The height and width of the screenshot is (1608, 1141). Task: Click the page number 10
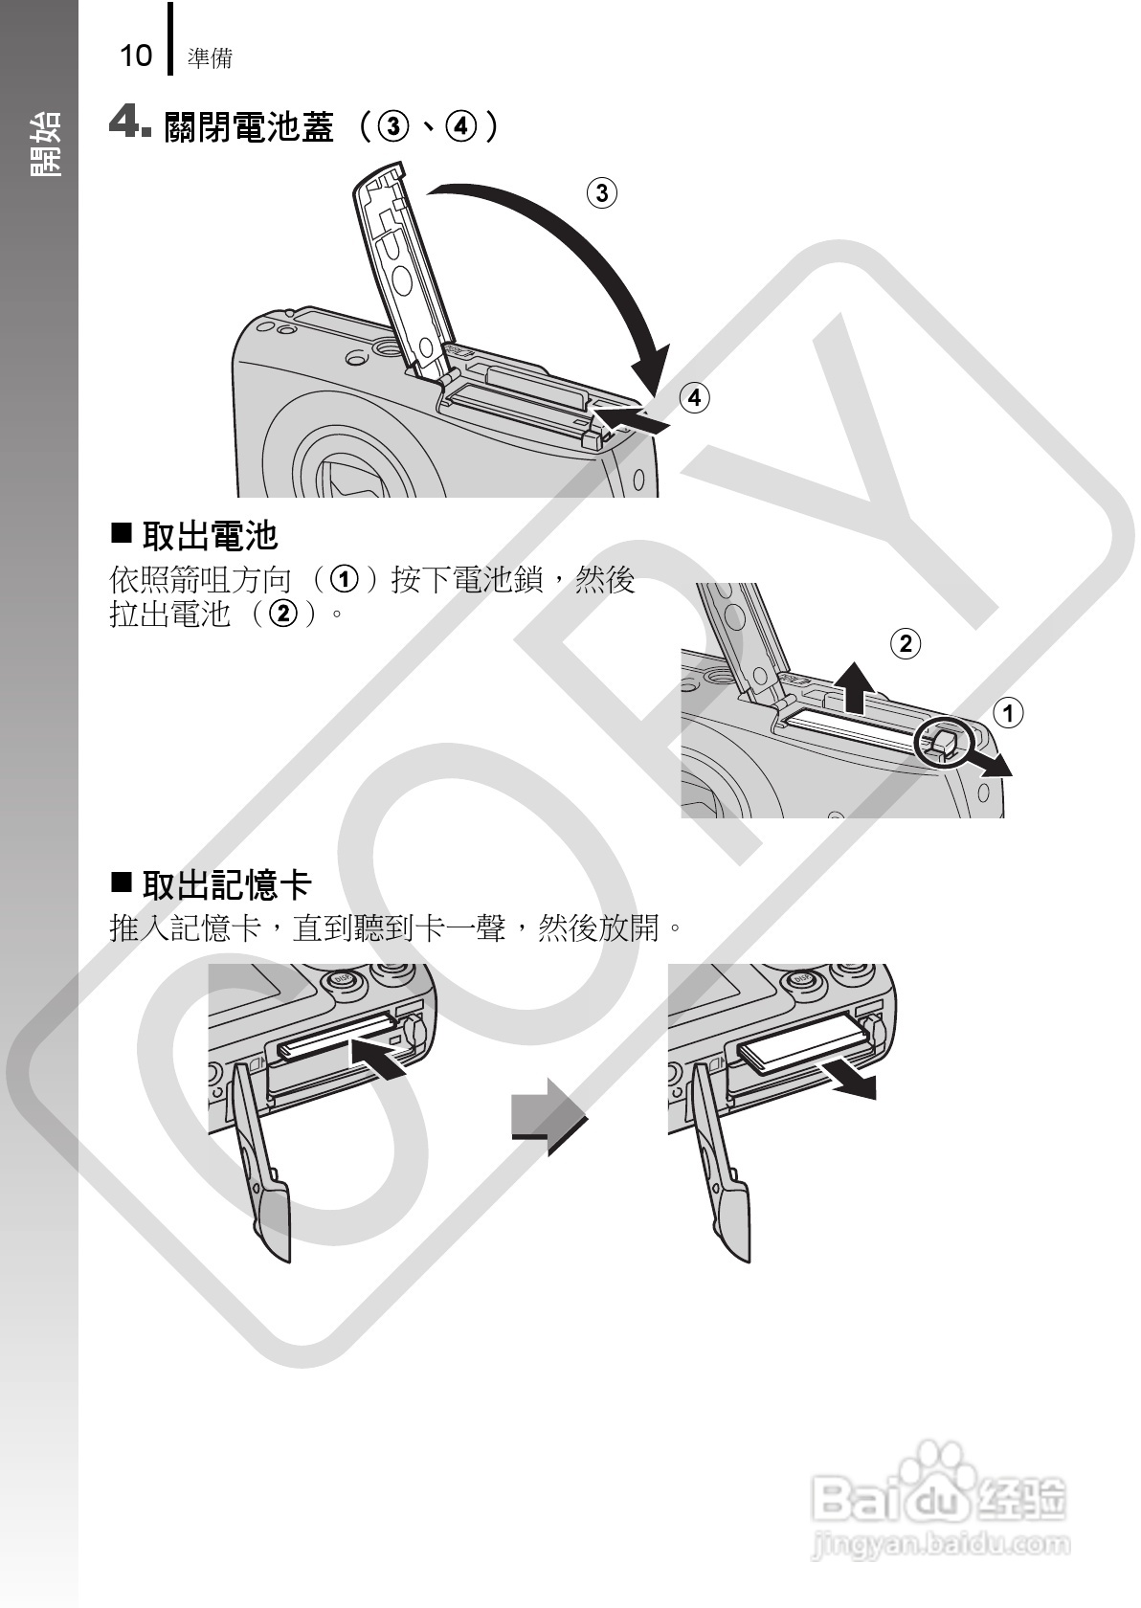pyautogui.click(x=135, y=56)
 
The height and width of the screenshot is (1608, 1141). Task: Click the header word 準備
pyautogui.click(x=210, y=58)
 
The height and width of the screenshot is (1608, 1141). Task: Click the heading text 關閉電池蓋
pyautogui.click(x=249, y=126)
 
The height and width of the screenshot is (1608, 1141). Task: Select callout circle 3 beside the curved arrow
pyautogui.click(x=601, y=193)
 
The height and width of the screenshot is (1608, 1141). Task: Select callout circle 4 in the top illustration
pyautogui.click(x=695, y=397)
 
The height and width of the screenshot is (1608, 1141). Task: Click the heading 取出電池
pyautogui.click(x=209, y=536)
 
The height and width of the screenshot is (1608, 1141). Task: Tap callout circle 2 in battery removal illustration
pyautogui.click(x=905, y=642)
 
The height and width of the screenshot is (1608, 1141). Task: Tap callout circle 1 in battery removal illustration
pyautogui.click(x=1007, y=713)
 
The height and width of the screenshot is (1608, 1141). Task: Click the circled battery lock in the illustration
pyautogui.click(x=942, y=742)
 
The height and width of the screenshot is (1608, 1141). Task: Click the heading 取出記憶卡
pyautogui.click(x=226, y=884)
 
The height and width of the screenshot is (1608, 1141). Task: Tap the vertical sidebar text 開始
pyautogui.click(x=45, y=144)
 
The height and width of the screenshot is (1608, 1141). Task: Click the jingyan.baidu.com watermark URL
pyautogui.click(x=939, y=1544)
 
